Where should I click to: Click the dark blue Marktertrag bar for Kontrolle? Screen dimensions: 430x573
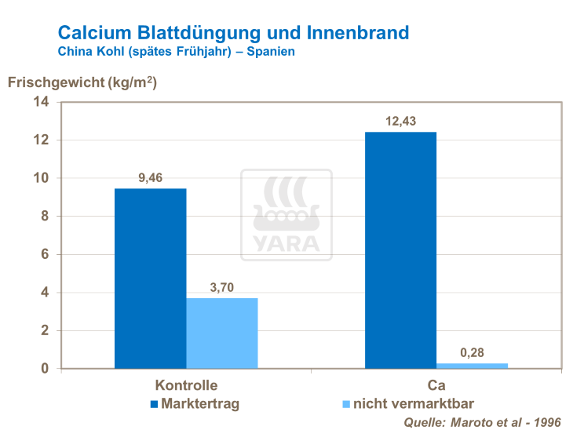coord(150,279)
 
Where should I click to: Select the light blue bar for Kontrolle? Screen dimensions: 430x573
coord(222,333)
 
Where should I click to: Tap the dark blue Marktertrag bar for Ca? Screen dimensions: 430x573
coord(400,250)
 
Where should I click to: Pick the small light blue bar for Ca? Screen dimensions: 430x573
coord(473,366)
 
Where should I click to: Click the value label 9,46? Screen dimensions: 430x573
coord(151,178)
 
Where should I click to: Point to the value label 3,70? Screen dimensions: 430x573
coord(222,288)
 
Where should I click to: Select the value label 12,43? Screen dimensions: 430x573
coord(400,121)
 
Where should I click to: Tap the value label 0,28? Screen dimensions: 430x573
coord(473,353)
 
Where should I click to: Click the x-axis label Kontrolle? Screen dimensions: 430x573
coord(186,385)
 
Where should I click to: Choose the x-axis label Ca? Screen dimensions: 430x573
coord(436,385)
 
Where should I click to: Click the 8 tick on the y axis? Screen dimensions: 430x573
coord(45,217)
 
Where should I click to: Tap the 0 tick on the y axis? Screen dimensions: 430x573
coord(45,369)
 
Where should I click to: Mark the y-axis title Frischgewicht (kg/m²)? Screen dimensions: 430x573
coord(82,82)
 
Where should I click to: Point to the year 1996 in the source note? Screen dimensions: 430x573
coord(546,422)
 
